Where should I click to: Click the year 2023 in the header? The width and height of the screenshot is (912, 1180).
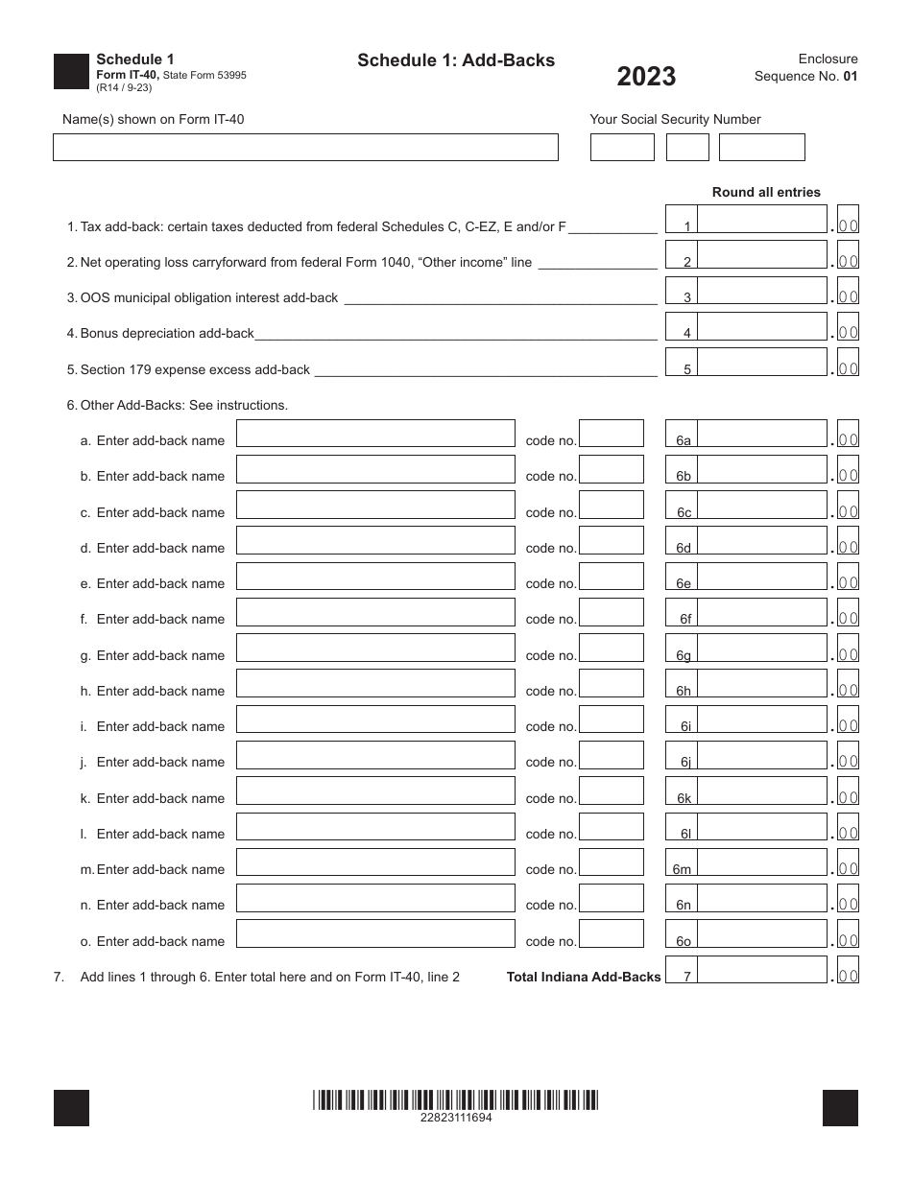point(646,77)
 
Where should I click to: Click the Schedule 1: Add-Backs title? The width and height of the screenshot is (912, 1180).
point(456,60)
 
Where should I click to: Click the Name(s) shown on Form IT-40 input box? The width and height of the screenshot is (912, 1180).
point(305,147)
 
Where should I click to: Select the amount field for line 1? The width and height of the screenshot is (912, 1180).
point(761,219)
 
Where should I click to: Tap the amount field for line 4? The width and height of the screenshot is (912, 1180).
point(761,326)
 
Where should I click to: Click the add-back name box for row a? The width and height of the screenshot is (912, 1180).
point(375,434)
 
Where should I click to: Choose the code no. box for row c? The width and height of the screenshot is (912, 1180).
point(612,506)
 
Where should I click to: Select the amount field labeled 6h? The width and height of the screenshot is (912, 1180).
point(761,684)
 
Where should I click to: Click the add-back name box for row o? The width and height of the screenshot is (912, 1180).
point(375,934)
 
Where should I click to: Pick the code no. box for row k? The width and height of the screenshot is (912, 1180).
point(612,791)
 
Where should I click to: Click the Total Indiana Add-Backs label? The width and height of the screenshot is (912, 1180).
point(584,977)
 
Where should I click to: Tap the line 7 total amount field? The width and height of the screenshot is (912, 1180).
point(761,970)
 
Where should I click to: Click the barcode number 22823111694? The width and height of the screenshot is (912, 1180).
point(456,1118)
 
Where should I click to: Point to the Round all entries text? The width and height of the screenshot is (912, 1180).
point(766,192)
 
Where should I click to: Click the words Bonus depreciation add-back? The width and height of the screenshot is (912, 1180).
point(167,333)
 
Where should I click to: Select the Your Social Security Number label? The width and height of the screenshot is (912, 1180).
point(675,119)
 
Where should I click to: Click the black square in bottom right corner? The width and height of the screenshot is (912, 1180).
point(840,1108)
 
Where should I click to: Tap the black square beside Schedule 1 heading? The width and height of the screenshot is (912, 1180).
point(71,72)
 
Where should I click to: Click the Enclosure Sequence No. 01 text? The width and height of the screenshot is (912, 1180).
point(806,68)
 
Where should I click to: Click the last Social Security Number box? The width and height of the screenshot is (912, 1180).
point(761,147)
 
